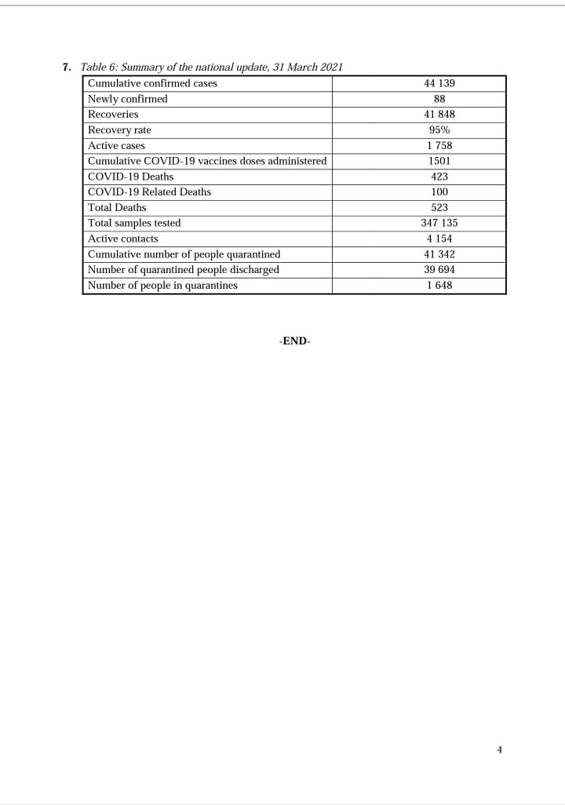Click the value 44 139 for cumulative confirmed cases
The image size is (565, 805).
point(439,83)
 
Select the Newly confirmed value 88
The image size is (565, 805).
point(439,99)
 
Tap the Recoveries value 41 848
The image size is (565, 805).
point(439,115)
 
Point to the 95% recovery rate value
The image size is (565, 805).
point(439,130)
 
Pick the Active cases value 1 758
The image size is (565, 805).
point(439,146)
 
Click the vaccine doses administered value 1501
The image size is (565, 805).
point(439,161)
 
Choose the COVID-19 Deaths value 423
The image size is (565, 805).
point(439,177)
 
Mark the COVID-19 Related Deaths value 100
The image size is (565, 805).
point(439,192)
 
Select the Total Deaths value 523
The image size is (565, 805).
point(439,208)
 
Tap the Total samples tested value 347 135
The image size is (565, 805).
point(439,224)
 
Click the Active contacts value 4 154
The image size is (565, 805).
point(439,239)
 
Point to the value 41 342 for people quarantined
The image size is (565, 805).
point(439,254)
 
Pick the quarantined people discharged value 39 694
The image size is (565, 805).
point(439,270)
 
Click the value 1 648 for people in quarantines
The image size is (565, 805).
point(439,286)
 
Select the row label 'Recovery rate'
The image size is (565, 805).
point(119,130)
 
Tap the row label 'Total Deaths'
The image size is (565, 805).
point(117,208)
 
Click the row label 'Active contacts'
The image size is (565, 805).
point(122,239)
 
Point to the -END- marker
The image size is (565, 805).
point(294,341)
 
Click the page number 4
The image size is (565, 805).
point(500,750)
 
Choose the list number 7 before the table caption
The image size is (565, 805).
point(67,67)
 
